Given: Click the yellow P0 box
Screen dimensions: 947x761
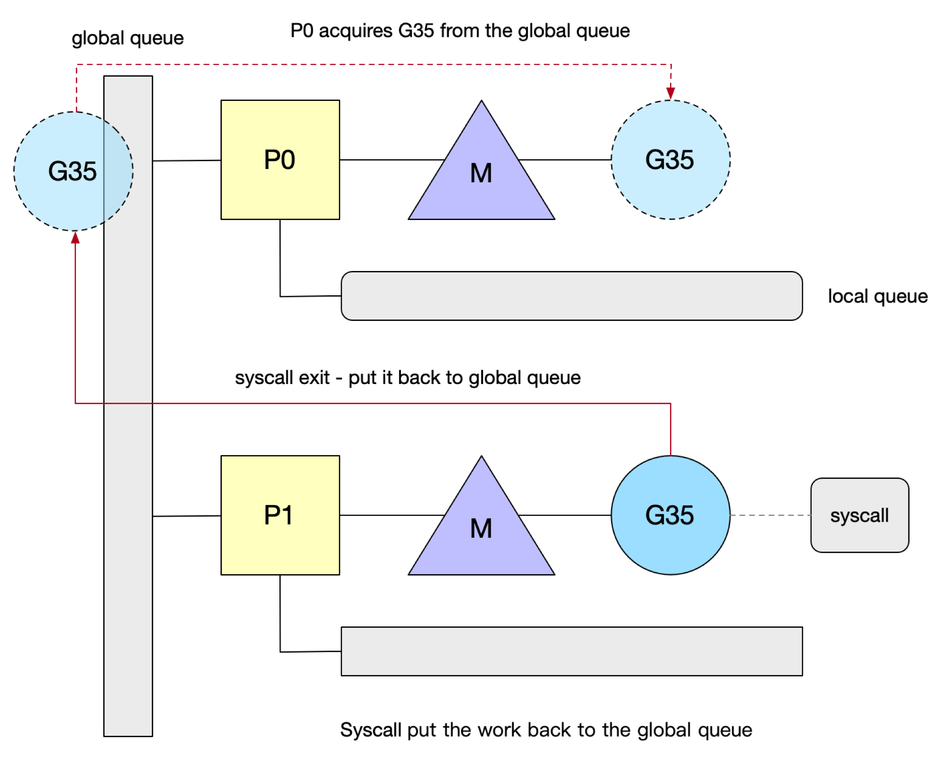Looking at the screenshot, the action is tap(280, 159).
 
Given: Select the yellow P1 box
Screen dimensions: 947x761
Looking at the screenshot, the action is tap(280, 515).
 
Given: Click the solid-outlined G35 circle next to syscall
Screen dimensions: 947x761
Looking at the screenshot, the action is tap(670, 515).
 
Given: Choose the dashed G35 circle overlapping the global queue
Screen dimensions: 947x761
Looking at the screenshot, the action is tap(73, 171).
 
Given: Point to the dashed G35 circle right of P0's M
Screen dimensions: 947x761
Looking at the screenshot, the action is tap(670, 159).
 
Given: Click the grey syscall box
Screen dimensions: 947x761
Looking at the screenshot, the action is tap(859, 515).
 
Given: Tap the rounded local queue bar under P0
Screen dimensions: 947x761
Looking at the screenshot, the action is tap(571, 296).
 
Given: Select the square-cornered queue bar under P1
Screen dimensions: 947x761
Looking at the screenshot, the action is tap(571, 651).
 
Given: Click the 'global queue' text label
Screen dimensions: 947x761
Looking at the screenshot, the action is tap(128, 38).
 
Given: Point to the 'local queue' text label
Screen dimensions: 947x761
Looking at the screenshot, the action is tap(877, 296).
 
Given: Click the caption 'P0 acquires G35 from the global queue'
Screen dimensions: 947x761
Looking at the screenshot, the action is tap(460, 31).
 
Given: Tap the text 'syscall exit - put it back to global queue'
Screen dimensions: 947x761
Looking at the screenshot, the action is tap(407, 377).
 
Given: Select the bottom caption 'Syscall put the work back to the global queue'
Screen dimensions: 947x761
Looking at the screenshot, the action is tap(546, 730).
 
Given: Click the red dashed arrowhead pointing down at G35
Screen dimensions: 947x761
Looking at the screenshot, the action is tap(670, 93).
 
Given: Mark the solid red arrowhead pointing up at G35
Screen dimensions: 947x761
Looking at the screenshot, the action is tap(75, 238).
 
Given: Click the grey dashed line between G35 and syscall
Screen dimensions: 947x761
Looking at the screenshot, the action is tap(770, 515).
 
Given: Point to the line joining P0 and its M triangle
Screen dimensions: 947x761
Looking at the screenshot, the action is tap(392, 160).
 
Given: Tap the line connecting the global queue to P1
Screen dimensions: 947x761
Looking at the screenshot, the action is tap(187, 516).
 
